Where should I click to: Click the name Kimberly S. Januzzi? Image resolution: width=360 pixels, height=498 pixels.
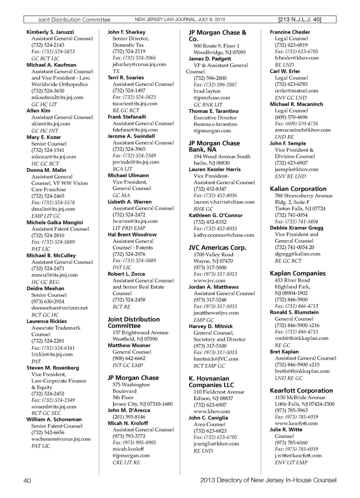click(x=50, y=32)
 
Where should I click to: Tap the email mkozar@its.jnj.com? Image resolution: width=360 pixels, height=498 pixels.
click(x=54, y=157)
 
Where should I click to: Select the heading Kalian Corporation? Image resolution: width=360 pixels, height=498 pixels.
click(x=298, y=189)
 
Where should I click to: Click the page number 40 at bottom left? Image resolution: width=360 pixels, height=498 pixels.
click(x=27, y=480)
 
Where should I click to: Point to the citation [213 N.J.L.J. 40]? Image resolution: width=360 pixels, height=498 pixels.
click(x=300, y=19)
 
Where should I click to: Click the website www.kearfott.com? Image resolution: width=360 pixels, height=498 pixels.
click(x=296, y=423)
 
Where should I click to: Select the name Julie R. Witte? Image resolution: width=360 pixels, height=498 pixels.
click(x=286, y=429)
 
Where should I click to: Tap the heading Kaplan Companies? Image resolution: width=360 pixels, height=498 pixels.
click(x=298, y=273)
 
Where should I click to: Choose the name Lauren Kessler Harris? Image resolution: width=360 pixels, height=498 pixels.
click(x=214, y=169)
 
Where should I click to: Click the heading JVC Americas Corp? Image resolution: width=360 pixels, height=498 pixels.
click(x=217, y=247)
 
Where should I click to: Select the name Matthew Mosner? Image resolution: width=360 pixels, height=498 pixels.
click(x=129, y=345)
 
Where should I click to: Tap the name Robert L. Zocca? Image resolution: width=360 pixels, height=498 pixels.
click(x=126, y=274)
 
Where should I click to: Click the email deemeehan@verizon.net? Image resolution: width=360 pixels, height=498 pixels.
click(x=60, y=308)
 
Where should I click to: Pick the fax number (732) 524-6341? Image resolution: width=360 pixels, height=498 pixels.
click(x=53, y=347)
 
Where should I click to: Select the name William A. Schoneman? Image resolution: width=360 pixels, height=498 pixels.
click(x=54, y=419)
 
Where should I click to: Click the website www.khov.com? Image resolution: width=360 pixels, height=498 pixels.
click(x=212, y=411)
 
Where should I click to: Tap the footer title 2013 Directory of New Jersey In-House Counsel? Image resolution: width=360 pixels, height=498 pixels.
click(x=268, y=480)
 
